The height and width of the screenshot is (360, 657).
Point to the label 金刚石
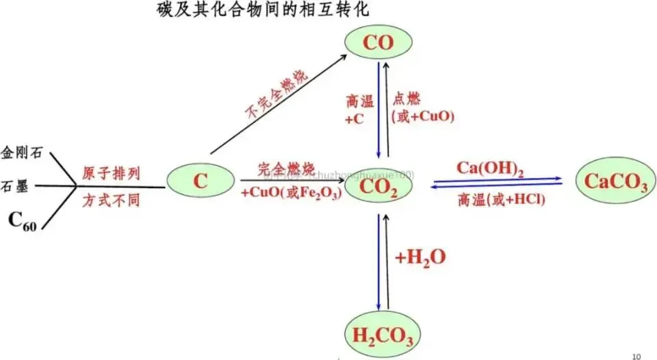coord(21,152)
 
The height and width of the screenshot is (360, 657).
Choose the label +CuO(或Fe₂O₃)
coord(291,194)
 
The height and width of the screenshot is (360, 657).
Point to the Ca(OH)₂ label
coord(489,168)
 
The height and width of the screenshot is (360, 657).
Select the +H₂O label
coord(420,257)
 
